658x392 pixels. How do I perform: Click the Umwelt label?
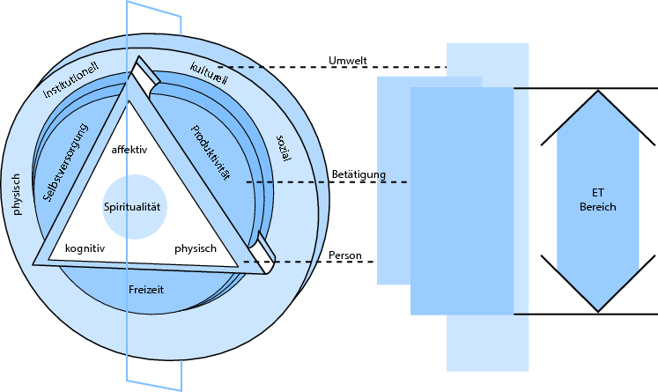[x=347, y=60]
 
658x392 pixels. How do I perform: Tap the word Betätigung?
[x=359, y=174]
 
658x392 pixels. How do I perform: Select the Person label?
[x=345, y=255]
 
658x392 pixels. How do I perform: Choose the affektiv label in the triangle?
[x=129, y=149]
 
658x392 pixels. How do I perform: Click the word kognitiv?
[x=85, y=248]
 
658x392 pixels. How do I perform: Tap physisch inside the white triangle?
[x=195, y=248]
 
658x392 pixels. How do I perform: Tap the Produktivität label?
[x=211, y=152]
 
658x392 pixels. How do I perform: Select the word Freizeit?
[x=146, y=289]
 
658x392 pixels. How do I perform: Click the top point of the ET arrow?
[x=598, y=91]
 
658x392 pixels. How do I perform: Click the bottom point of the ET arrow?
[x=598, y=310]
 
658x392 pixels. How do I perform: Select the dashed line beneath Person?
[x=322, y=262]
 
